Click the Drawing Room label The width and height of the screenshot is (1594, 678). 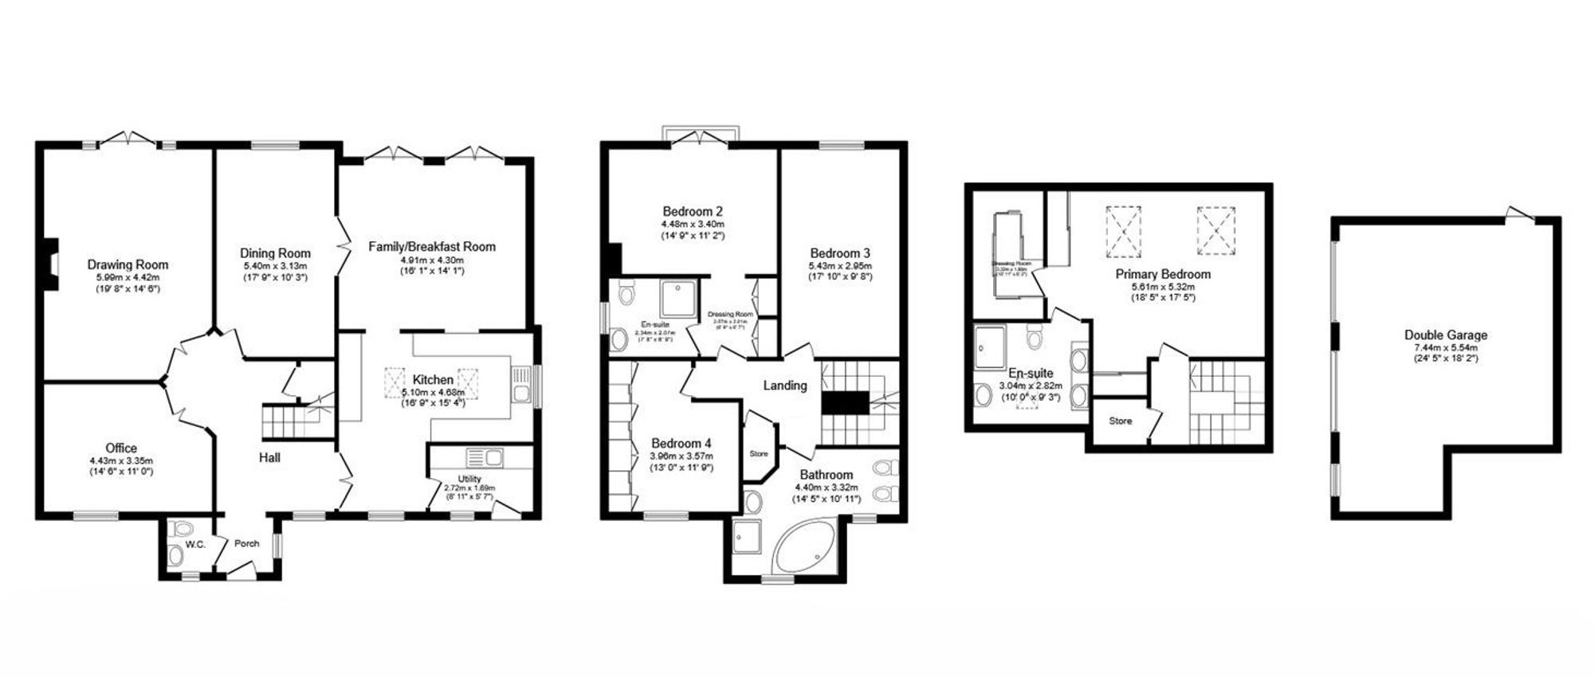click(128, 265)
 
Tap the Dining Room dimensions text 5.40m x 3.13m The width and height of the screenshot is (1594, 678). click(275, 266)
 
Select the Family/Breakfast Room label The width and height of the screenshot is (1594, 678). click(431, 247)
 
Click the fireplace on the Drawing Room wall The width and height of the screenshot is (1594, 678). click(50, 264)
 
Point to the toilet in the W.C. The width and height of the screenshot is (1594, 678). click(182, 528)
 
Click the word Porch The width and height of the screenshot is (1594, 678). click(247, 544)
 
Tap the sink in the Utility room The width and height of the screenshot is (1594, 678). click(485, 457)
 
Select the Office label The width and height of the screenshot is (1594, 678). click(121, 449)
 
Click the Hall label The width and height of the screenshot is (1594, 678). click(269, 457)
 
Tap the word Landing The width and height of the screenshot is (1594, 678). click(785, 386)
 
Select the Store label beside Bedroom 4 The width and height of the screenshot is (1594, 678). click(759, 454)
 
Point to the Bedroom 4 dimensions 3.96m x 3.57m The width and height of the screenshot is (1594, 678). click(681, 457)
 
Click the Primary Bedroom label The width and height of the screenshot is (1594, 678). click(1163, 274)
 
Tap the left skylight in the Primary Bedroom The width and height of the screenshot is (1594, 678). click(1123, 231)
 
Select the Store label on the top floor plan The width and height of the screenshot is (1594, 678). click(1120, 421)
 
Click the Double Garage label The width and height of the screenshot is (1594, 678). click(1446, 335)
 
